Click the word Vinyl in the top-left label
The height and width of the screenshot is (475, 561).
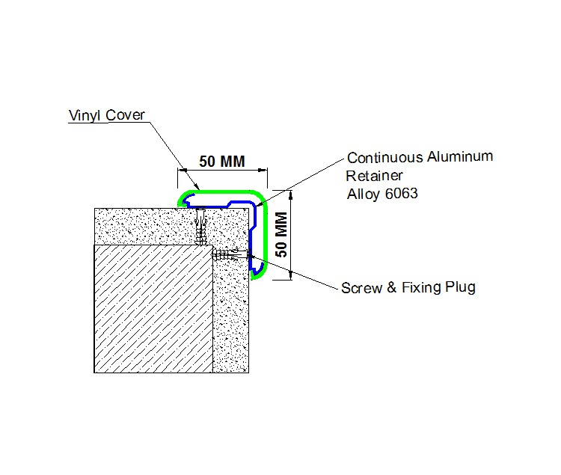click(x=85, y=115)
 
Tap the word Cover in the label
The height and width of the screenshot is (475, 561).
click(x=125, y=114)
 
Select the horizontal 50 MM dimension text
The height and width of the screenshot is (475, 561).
click(x=222, y=162)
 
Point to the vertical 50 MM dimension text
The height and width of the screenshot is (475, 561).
click(x=281, y=234)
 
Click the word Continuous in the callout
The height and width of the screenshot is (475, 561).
click(x=385, y=157)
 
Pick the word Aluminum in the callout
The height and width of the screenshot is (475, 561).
click(x=460, y=156)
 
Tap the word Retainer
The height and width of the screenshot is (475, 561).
click(x=374, y=176)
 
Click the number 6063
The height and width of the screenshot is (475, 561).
click(x=402, y=194)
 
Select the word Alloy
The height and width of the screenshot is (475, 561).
click(x=364, y=194)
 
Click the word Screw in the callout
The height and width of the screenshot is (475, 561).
click(x=361, y=288)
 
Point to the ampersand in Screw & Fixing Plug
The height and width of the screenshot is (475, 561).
click(x=392, y=287)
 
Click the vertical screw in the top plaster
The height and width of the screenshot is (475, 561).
click(x=201, y=227)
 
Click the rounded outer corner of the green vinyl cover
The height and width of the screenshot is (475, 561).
click(x=261, y=197)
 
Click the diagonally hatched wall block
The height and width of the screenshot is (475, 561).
click(x=153, y=309)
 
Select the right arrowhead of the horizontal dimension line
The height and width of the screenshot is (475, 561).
click(x=263, y=171)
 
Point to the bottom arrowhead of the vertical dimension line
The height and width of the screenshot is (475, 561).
click(x=291, y=275)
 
